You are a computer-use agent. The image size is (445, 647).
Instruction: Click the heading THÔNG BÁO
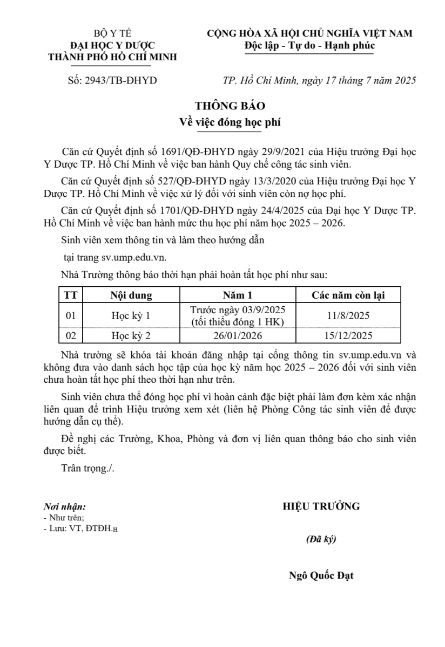pos(223,106)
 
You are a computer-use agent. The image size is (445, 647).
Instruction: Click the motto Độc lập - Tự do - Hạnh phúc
pos(309,45)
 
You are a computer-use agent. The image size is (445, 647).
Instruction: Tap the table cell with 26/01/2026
pos(238,336)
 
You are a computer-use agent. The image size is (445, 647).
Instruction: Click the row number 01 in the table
pos(70,316)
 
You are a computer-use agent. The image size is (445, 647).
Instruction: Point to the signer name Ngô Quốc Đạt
pos(321,575)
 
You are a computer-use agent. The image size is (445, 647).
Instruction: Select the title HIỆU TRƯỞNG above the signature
pos(321,506)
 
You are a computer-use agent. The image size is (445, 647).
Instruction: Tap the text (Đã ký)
pos(321,539)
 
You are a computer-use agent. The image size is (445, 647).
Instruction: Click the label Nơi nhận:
pos(64,507)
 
